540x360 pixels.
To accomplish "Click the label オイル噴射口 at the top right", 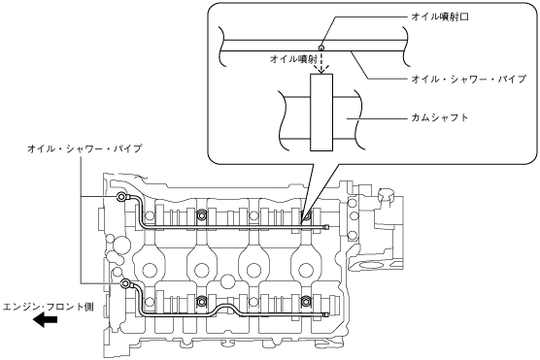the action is [x=440, y=16].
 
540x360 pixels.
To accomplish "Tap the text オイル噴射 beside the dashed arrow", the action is [x=293, y=59].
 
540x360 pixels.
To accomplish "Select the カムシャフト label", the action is [x=440, y=117].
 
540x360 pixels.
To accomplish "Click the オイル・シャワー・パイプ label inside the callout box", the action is [x=469, y=80].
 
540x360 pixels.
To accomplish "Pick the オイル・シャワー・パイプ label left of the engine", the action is [x=84, y=148].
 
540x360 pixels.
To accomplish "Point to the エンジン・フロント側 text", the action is [x=49, y=307].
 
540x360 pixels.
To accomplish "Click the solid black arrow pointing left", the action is [x=45, y=320].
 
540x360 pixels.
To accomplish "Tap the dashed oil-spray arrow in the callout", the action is [x=321, y=62].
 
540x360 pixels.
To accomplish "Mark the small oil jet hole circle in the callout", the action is [x=321, y=48].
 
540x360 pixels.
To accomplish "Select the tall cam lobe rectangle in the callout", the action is [x=321, y=113].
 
